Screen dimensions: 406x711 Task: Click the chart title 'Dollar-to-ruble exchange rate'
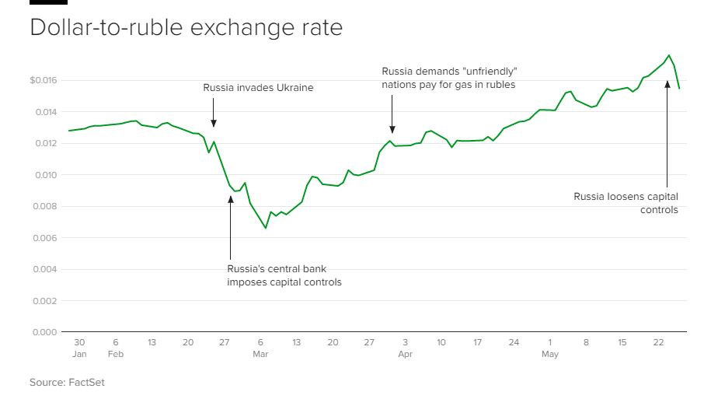coord(186,28)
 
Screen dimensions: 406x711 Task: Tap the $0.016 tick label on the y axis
coord(44,80)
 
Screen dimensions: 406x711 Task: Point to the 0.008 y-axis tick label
coord(45,206)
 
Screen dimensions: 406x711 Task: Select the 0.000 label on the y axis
coord(45,332)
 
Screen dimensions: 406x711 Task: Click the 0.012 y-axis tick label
coord(45,143)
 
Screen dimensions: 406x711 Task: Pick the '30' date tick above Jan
coord(79,342)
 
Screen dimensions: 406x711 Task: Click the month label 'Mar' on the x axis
coord(260,355)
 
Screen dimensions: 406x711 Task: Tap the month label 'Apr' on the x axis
coord(405,355)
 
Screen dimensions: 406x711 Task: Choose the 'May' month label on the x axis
coord(549,355)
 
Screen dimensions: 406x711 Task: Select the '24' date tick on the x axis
coord(514,342)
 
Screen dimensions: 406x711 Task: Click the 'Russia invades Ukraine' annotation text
coord(258,88)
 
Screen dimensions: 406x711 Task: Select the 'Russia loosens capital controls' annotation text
coord(626,203)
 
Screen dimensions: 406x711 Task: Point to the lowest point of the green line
coord(266,228)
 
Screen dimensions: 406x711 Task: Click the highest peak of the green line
coord(668,55)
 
